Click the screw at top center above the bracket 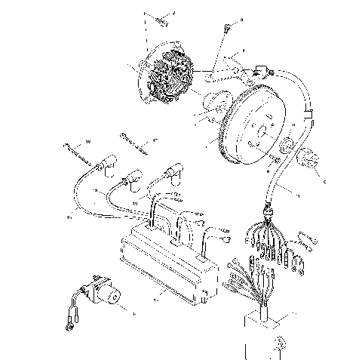click(225, 29)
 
